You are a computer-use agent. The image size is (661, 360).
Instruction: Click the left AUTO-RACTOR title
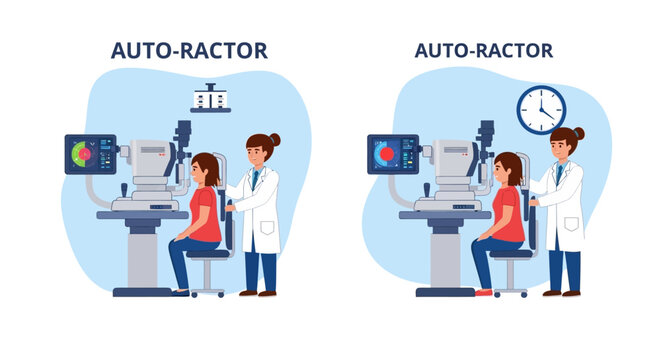click(189, 51)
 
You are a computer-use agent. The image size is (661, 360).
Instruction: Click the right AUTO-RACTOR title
click(483, 51)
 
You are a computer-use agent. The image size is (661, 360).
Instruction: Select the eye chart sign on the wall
click(211, 101)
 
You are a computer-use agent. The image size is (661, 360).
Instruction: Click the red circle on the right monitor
click(384, 154)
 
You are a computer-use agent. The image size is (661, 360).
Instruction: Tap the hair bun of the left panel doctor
click(274, 139)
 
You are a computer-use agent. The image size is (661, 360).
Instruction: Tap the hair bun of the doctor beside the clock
click(579, 132)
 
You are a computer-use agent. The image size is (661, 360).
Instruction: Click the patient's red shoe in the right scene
click(483, 292)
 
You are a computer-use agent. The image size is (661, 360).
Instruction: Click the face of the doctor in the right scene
click(561, 150)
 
